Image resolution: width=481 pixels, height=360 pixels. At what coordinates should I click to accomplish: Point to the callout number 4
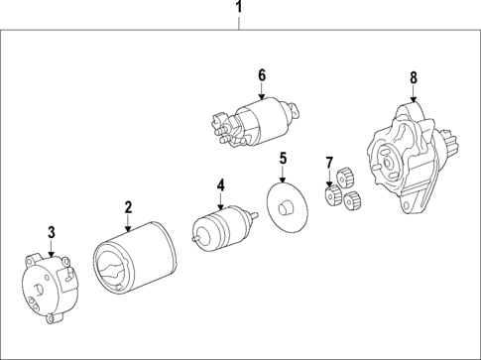(221, 183)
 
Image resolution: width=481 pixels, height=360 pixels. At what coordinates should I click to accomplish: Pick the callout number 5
(283, 158)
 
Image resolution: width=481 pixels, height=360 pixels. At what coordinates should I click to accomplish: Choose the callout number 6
(262, 74)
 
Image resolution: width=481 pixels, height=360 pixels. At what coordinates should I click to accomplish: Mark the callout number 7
(329, 162)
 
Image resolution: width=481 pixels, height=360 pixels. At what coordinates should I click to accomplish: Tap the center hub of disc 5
(287, 207)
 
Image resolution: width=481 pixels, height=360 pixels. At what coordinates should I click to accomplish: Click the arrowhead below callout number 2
(128, 228)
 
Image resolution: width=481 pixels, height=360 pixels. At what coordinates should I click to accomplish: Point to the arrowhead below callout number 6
(262, 97)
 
